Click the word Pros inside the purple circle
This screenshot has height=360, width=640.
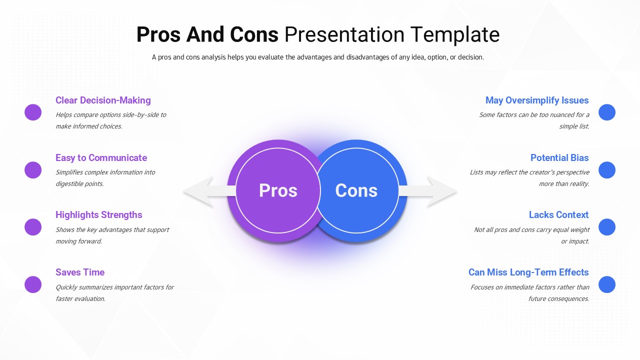tap(278, 190)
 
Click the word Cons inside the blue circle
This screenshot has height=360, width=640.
tap(356, 190)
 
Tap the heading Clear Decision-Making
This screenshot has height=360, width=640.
tap(103, 100)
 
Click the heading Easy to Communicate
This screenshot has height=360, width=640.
tap(101, 158)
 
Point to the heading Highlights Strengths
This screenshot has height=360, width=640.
tap(98, 215)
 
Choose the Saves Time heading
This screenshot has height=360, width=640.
tap(80, 272)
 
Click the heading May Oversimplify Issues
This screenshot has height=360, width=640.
tap(537, 100)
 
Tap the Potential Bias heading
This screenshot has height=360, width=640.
tap(559, 158)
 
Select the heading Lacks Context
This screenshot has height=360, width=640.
tap(558, 215)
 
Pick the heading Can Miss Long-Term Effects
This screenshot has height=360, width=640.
tap(528, 272)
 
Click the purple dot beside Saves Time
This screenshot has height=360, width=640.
tap(33, 284)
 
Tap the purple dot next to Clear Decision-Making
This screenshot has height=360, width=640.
tap(33, 112)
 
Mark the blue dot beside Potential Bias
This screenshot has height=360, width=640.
tap(607, 170)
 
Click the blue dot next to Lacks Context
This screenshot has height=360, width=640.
tap(607, 227)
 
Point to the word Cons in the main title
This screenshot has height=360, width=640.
tap(254, 35)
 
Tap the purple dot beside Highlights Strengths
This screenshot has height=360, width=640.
tap(33, 227)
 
